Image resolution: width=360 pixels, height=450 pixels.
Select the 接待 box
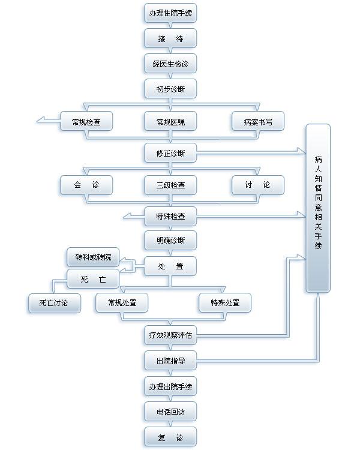point(170,38)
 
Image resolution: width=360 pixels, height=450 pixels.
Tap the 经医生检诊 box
point(170,64)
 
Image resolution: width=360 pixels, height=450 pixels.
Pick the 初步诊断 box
point(170,89)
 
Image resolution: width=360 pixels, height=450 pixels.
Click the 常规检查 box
point(86,122)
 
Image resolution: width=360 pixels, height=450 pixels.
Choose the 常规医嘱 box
point(170,122)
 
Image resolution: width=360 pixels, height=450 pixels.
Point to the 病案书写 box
point(258,122)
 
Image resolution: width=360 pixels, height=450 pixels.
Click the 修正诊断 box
point(170,153)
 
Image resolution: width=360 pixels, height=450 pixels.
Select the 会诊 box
point(86,185)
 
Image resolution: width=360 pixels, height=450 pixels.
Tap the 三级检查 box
point(170,185)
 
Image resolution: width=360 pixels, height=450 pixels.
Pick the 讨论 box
point(258,185)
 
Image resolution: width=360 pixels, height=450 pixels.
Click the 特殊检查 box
point(170,216)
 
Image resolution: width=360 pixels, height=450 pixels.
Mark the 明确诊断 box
point(170,241)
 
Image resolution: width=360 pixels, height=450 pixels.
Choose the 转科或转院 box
point(93,257)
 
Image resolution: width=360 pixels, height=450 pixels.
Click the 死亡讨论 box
point(54,303)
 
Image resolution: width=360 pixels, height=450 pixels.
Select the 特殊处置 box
point(225,303)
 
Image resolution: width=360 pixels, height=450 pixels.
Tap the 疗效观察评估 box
point(170,335)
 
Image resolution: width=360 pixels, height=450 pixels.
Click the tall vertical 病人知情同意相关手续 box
point(318,208)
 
